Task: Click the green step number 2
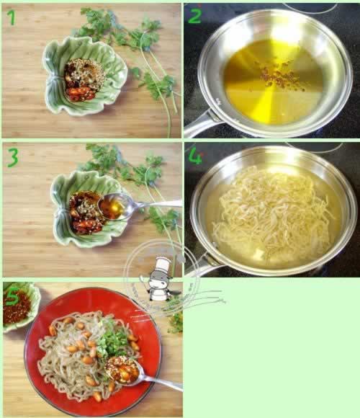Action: click(194, 16)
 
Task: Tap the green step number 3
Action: click(12, 157)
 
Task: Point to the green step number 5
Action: click(12, 295)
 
